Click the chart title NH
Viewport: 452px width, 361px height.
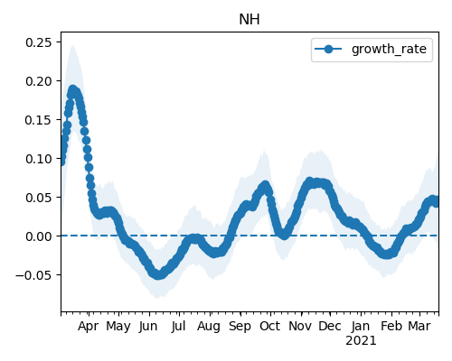tap(250, 20)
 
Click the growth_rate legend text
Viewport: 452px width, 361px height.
tap(389, 49)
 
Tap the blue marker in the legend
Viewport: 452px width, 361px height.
tap(328, 49)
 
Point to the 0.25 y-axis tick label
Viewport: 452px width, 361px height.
tap(39, 42)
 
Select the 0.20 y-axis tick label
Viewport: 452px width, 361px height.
tap(39, 81)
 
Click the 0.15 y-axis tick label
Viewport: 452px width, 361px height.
tap(39, 120)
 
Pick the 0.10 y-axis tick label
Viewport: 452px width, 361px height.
tap(39, 159)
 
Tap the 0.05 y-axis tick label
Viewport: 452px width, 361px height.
tap(39, 198)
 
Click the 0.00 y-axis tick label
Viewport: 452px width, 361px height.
tap(39, 236)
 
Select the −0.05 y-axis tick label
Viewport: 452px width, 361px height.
tap(33, 275)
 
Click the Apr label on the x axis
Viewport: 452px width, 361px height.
tap(88, 327)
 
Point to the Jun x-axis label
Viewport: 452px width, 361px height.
tap(148, 327)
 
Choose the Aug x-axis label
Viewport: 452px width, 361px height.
tap(209, 327)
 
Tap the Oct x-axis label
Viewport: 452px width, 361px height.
tap(270, 326)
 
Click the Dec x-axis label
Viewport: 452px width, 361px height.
tap(330, 326)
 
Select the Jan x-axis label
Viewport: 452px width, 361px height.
tap(361, 326)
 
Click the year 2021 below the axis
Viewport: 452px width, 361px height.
tap(361, 341)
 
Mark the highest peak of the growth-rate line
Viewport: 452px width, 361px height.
tap(72, 89)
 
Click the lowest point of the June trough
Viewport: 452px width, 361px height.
tap(158, 275)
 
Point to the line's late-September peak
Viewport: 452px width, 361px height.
tap(265, 185)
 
